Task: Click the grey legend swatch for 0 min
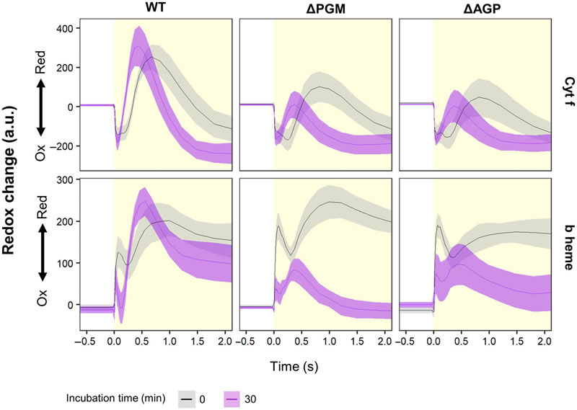[x=186, y=398]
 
